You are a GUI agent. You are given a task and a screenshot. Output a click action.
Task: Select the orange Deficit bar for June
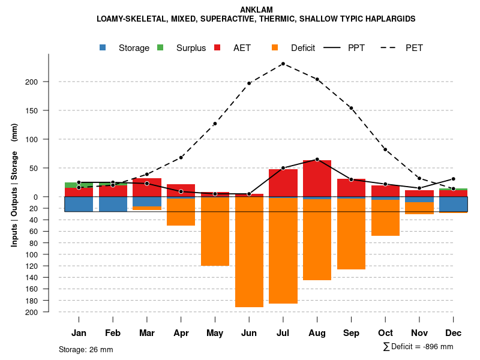[x=249, y=252]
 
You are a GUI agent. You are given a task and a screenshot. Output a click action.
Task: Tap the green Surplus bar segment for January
[x=79, y=185]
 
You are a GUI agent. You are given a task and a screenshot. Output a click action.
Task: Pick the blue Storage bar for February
[x=113, y=204]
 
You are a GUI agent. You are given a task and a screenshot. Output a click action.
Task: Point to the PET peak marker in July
[x=283, y=64]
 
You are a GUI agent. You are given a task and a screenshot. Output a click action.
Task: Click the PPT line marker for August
[x=317, y=159]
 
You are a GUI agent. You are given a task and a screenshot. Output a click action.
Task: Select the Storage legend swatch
[x=103, y=48]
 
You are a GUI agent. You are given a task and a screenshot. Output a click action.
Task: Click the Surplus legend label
[x=191, y=48]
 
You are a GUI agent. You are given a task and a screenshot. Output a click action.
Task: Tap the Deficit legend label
[x=303, y=48]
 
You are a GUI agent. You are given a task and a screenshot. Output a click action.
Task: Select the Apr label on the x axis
[x=181, y=333]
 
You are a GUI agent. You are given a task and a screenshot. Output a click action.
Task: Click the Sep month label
[x=351, y=333]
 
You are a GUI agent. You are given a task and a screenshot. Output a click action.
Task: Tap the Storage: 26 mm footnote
[x=86, y=349]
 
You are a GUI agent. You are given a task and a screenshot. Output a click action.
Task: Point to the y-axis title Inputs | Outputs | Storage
[x=14, y=185]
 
